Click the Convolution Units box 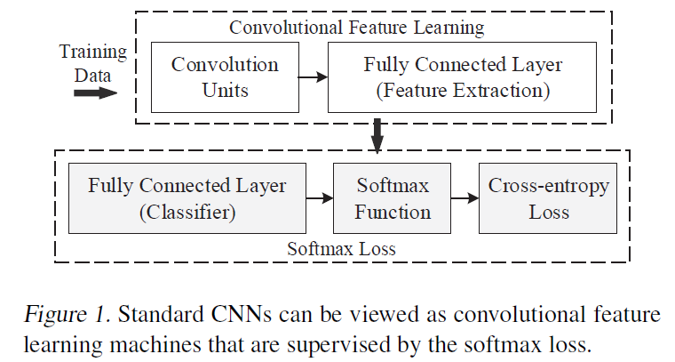pyautogui.click(x=225, y=78)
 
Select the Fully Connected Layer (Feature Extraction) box pyautogui.click(x=463, y=78)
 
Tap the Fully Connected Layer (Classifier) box pyautogui.click(x=187, y=199)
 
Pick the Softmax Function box pyautogui.click(x=393, y=199)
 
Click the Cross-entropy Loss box pyautogui.click(x=548, y=199)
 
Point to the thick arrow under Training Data pyautogui.click(x=92, y=93)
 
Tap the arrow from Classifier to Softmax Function pyautogui.click(x=319, y=199)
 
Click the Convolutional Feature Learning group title pyautogui.click(x=357, y=27)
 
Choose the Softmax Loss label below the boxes pyautogui.click(x=341, y=249)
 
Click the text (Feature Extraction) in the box pyautogui.click(x=463, y=91)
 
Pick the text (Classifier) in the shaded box pyautogui.click(x=187, y=213)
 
